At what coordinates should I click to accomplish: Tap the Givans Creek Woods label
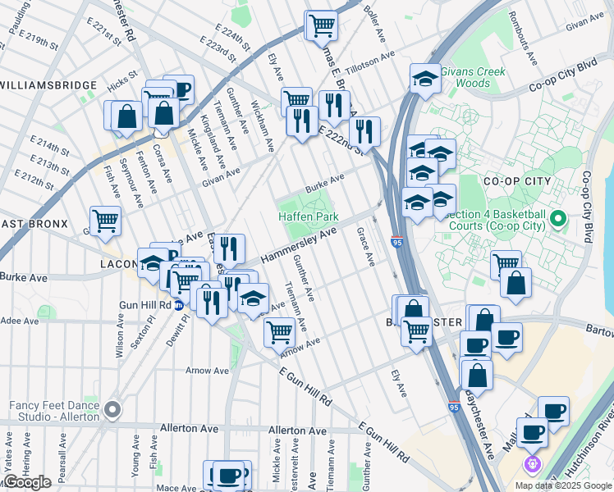point(465,77)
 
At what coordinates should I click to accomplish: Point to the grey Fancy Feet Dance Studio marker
point(112,408)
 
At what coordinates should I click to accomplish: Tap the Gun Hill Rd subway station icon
point(178,304)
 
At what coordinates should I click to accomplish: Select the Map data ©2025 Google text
point(564,485)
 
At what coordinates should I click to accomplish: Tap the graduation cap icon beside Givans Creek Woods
point(424,78)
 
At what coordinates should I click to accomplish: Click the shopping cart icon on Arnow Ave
point(279,331)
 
